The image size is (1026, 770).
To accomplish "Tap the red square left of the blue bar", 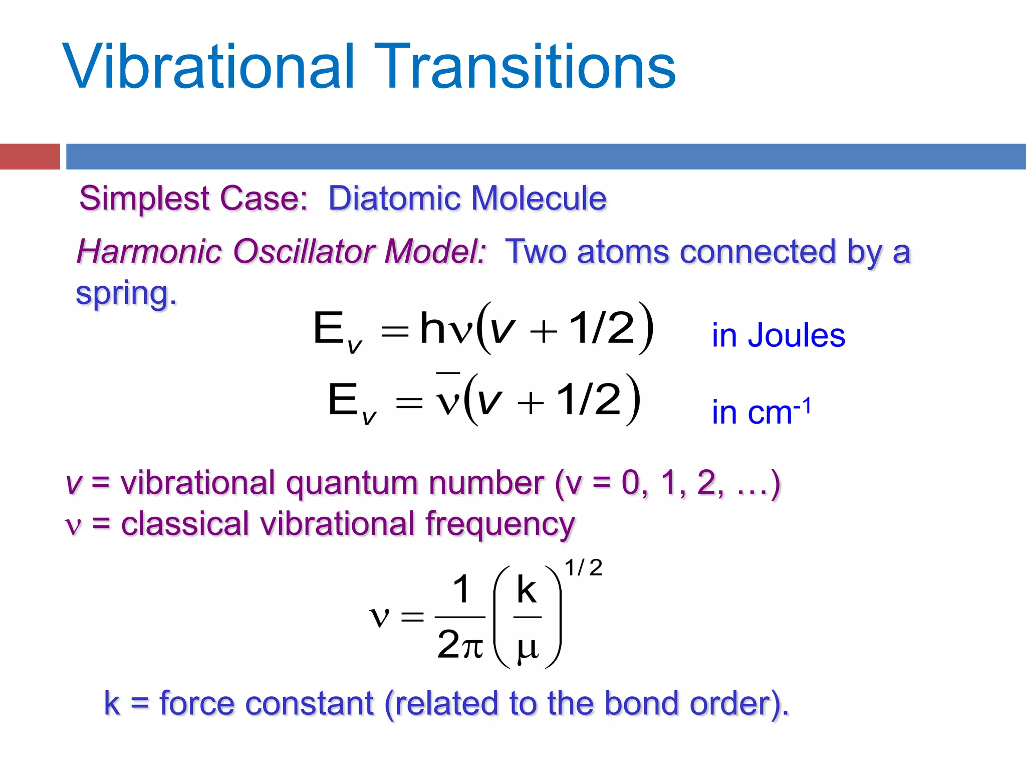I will (30, 156).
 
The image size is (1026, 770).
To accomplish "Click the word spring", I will (126, 294).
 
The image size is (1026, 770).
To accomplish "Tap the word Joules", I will (797, 335).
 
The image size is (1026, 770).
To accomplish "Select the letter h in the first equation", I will (432, 328).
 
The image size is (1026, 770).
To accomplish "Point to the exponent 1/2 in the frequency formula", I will (583, 568).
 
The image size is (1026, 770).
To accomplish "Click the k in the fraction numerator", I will (527, 590).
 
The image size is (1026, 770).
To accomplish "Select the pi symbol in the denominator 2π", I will (472, 647).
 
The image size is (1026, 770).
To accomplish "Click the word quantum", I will (351, 484).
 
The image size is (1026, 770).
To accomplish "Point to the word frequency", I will (500, 525).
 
